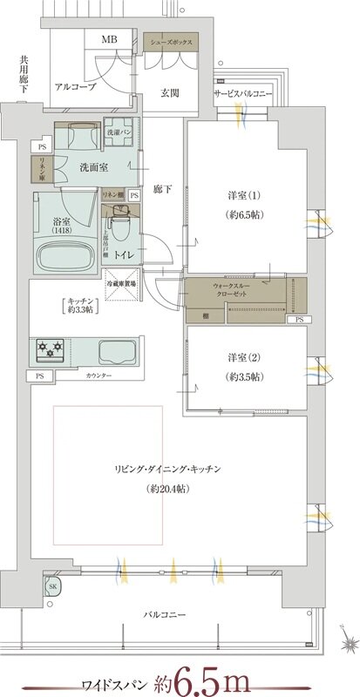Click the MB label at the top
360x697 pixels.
[x=110, y=40]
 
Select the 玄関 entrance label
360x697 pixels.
[x=170, y=94]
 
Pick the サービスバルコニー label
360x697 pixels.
[x=242, y=94]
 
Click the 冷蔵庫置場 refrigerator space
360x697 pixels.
[x=123, y=284]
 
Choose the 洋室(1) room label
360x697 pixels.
[x=239, y=205]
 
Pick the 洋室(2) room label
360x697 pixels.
[x=239, y=366]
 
